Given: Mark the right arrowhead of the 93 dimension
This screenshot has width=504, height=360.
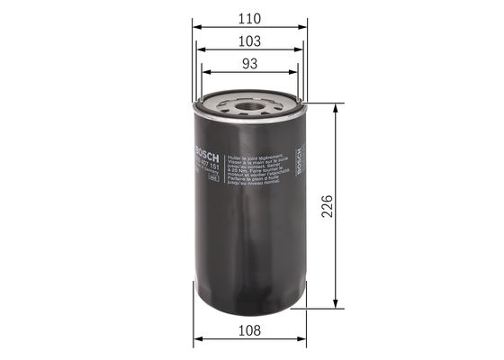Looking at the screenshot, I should click(295, 74).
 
